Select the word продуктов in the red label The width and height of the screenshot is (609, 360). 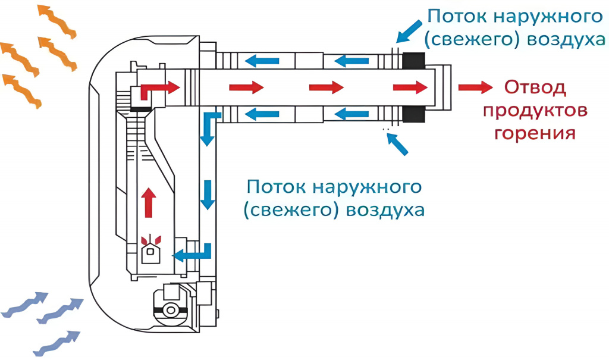tap(535, 111)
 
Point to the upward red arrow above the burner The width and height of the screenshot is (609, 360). tap(149, 202)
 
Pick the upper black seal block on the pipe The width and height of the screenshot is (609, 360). tap(413, 60)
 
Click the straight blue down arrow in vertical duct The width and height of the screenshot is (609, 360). tap(207, 194)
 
